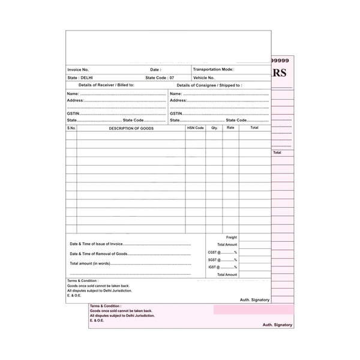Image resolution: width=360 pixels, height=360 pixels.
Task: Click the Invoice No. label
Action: (79, 70)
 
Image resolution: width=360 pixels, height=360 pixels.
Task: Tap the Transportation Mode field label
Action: (214, 70)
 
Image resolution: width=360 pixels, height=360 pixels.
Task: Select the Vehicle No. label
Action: (204, 78)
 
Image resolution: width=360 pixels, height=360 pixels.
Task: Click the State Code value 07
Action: (172, 78)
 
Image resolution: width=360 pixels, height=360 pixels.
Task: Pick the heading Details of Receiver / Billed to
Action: (107, 86)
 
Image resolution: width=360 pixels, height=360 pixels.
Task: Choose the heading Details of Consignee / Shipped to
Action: (209, 86)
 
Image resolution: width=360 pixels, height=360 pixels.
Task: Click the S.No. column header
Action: (71, 128)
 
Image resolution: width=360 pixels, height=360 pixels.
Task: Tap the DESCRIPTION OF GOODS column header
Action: (131, 128)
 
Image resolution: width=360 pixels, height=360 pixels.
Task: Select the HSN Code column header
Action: (196, 128)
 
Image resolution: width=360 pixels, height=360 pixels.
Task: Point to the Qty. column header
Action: (214, 128)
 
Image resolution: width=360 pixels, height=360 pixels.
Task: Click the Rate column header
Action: (230, 128)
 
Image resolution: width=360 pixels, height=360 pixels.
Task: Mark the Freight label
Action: (232, 238)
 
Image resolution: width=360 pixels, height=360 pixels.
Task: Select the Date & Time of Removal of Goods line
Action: (99, 254)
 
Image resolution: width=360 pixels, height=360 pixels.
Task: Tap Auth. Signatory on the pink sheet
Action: (277, 325)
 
